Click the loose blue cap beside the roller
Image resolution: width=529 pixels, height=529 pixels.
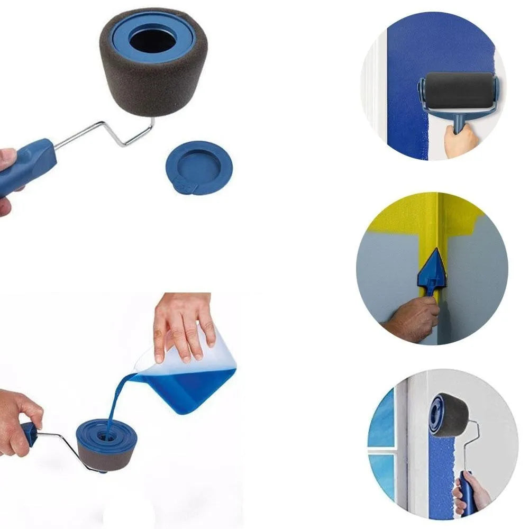[x=198, y=167]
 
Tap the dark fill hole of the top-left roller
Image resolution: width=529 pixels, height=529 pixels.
[x=153, y=40]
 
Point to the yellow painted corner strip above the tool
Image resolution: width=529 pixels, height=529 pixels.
[x=434, y=222]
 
